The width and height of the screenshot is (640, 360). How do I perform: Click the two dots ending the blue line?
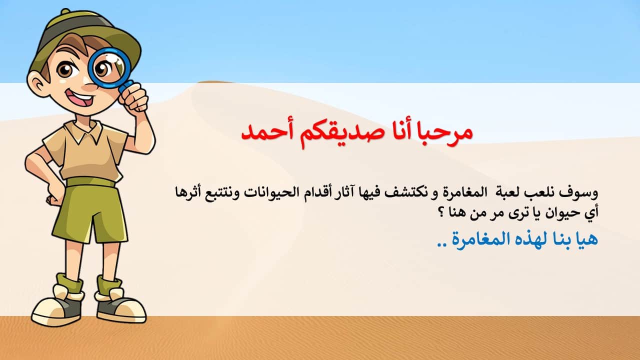tap(441, 245)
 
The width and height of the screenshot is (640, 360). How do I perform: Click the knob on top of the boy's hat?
tap(65, 12)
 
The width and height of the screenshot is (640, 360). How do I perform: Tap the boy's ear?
tap(36, 83)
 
